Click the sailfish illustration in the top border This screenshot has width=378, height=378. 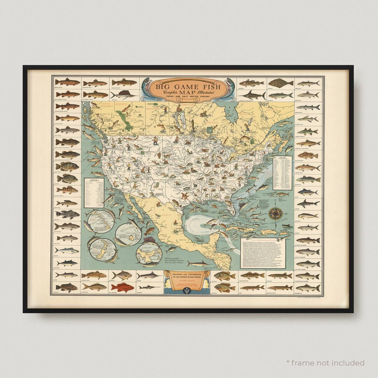click(x=123, y=94)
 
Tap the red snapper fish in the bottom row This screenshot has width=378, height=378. click(x=122, y=287)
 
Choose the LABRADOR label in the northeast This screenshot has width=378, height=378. click(x=273, y=109)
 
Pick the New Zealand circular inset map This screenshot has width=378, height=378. click(x=102, y=249)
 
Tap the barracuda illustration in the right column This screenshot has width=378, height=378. click(x=308, y=107)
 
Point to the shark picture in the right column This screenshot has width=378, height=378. click(x=308, y=203)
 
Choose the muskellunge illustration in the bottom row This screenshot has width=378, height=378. click(x=280, y=287)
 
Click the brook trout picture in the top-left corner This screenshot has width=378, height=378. click(x=67, y=83)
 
